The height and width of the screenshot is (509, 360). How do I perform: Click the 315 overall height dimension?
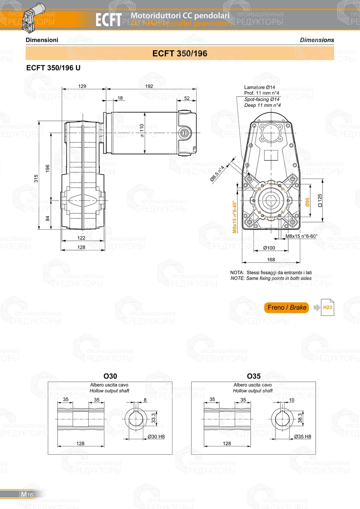tap(36, 179)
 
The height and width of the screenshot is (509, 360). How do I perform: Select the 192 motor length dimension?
tap(149, 86)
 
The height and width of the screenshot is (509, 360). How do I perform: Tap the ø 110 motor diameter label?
tap(142, 130)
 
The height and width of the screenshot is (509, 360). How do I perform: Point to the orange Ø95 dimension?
tap(307, 202)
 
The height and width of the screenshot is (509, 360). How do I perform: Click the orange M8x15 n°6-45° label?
tap(234, 217)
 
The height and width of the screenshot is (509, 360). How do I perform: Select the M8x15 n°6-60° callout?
tap(301, 237)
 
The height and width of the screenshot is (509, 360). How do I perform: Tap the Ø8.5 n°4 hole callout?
tap(217, 174)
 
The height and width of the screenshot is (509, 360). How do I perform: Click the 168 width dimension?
tap(271, 260)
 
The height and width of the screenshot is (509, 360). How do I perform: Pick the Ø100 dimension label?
tap(269, 248)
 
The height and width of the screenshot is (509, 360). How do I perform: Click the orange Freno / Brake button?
tap(287, 307)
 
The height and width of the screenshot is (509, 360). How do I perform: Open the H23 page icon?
tap(327, 307)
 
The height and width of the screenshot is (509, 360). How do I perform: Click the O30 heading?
tap(110, 376)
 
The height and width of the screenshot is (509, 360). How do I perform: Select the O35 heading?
tap(253, 376)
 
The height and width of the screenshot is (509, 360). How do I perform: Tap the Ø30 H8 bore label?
tap(156, 437)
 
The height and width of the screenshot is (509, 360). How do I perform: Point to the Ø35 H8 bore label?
tap(302, 437)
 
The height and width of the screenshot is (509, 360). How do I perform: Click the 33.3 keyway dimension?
tap(154, 418)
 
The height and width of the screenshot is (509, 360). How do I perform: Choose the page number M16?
tap(27, 495)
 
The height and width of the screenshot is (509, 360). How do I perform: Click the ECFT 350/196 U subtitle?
tap(53, 68)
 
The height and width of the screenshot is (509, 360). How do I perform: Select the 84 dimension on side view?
tap(48, 218)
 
